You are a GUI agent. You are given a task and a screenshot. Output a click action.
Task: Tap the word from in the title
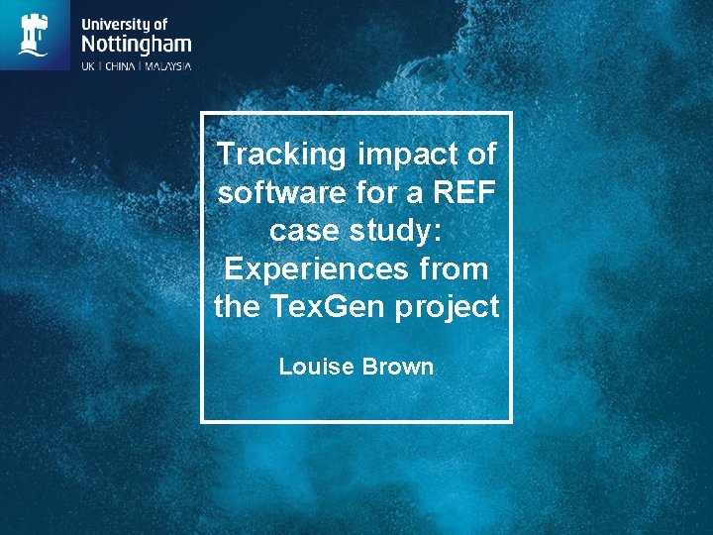[451, 267]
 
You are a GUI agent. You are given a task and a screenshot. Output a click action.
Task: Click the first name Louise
[316, 367]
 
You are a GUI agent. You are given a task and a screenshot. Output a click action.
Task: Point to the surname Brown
[397, 367]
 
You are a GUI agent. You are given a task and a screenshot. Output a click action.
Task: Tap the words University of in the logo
[124, 23]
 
